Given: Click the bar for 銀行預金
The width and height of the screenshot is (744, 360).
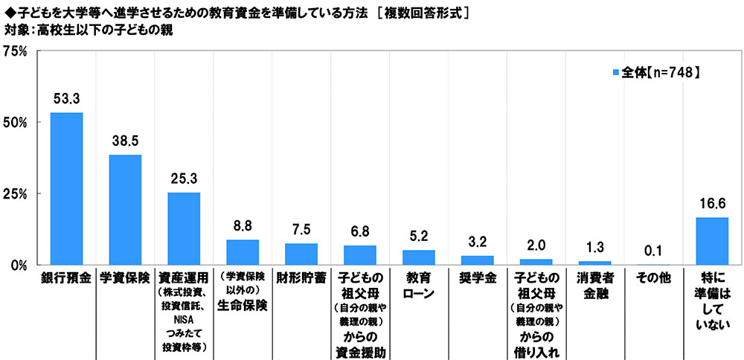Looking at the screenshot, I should [66, 189].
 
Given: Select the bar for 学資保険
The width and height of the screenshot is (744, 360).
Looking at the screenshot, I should [125, 210].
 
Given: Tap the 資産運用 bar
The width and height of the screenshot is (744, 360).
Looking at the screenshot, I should [184, 228].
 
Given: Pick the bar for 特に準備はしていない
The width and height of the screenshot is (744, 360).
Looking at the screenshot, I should [713, 241].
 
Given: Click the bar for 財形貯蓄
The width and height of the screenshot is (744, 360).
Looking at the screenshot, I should [301, 254].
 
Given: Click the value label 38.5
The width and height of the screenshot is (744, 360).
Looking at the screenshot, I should [125, 141].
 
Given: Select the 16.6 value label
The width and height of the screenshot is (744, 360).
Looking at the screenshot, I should [713, 203].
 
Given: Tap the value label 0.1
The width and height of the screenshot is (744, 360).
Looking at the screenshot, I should [654, 250].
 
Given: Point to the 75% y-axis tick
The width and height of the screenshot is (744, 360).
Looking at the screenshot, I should [16, 51].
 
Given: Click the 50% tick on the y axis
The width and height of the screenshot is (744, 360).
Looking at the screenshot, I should [16, 122].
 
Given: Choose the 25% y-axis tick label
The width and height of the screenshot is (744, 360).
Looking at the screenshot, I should [16, 193].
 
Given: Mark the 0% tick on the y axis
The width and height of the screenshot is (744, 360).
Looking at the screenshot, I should [19, 265].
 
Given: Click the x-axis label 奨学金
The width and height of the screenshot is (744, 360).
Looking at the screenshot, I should [477, 279].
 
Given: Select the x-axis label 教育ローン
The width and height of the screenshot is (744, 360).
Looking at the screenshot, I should [418, 286].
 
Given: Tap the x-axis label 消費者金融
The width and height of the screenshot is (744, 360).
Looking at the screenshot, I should [594, 286].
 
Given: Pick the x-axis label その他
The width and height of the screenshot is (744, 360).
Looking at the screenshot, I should [654, 279].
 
